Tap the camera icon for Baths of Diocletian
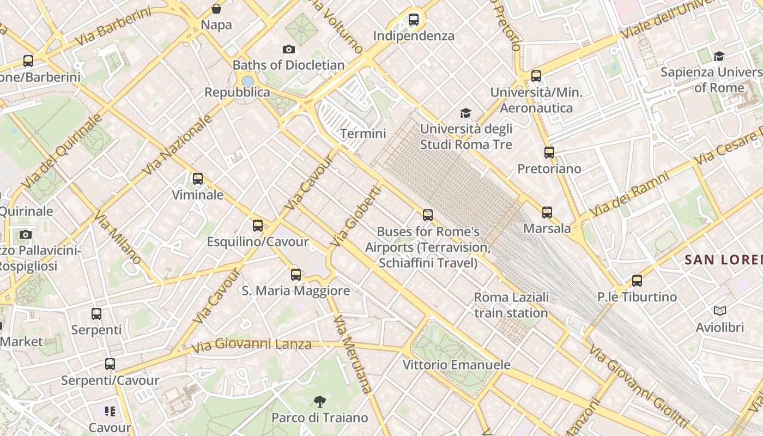click(289, 50)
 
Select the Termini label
click(363, 134)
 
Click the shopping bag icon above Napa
click(216, 9)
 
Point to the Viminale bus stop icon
click(198, 179)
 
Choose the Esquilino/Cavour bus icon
click(258, 226)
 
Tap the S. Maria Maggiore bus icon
click(296, 275)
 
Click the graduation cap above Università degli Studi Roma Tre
click(465, 113)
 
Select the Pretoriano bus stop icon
click(549, 153)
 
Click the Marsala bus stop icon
click(547, 213)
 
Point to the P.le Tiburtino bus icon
click(637, 281)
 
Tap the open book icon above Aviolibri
click(720, 311)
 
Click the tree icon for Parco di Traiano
click(320, 402)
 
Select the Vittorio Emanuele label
click(456, 365)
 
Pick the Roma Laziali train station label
click(511, 305)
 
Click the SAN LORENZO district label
click(724, 260)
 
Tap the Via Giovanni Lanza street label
click(251, 344)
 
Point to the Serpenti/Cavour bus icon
click(110, 364)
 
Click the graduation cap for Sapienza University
click(719, 56)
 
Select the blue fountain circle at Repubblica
click(248, 81)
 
